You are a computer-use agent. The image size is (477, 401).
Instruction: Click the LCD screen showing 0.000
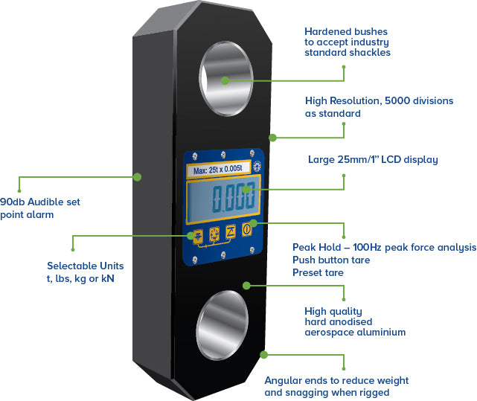point(227,199)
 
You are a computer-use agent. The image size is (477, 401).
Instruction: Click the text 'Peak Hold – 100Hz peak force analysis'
point(383,247)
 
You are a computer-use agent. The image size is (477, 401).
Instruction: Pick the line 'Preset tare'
point(318,272)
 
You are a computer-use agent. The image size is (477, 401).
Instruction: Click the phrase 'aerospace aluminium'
point(355,332)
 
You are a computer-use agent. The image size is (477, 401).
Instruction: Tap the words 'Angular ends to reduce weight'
point(336,380)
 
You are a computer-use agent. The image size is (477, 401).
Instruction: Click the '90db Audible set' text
point(40,202)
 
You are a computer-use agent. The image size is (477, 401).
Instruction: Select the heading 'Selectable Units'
point(86,266)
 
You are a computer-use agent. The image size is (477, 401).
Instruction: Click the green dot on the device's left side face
point(137,176)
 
